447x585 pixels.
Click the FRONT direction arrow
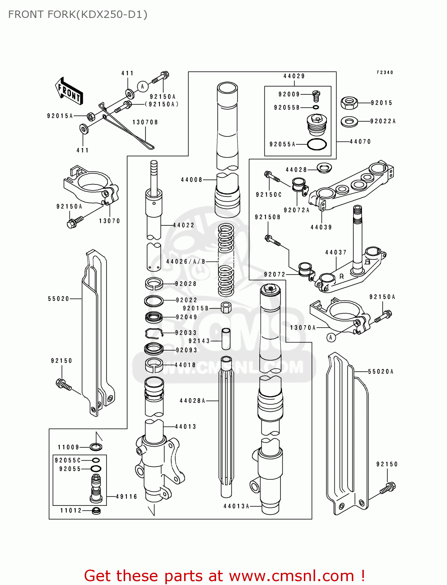point(69,91)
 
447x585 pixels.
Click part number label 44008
point(192,180)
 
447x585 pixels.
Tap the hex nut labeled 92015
point(349,103)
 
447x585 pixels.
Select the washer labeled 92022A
point(349,122)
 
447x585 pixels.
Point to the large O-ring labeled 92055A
point(317,144)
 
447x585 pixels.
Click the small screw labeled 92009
point(316,95)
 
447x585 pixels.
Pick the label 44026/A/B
point(186,262)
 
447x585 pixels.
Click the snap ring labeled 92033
point(154,333)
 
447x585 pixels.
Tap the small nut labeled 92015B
point(226,308)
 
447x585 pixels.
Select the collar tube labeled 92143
point(226,339)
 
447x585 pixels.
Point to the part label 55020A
point(381,372)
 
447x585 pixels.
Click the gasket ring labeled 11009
point(96,447)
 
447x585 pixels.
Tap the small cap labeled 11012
point(96,511)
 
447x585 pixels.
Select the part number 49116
point(127,497)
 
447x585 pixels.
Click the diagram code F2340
point(385,73)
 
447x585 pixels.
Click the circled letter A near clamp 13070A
point(331,337)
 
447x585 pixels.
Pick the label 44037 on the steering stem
point(336,253)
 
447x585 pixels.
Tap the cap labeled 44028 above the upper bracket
point(323,168)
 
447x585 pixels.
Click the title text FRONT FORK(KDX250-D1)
point(78,14)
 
